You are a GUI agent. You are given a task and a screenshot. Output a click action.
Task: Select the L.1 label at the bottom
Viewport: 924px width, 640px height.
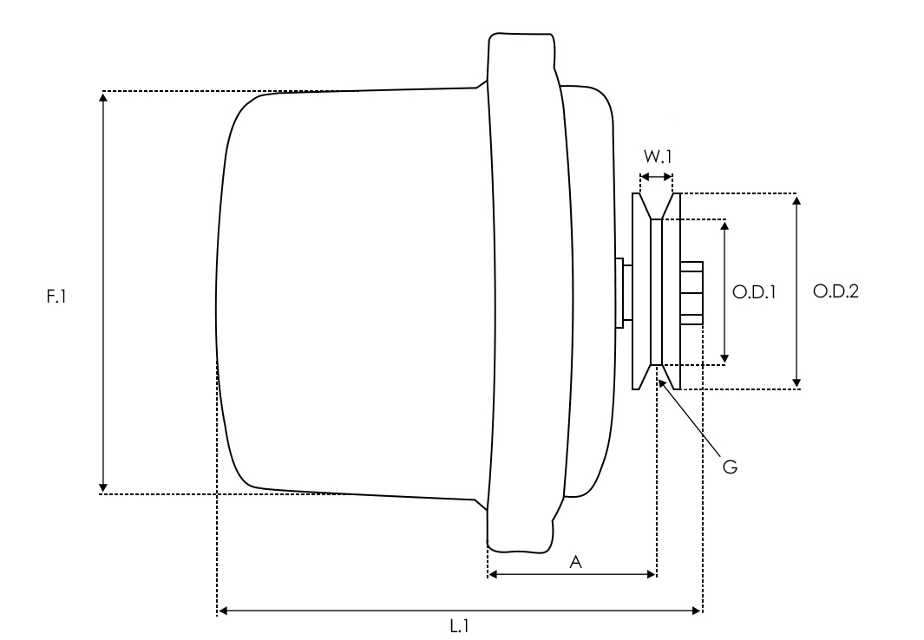pyautogui.click(x=459, y=625)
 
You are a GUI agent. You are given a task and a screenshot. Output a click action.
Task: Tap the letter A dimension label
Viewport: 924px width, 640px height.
pyautogui.click(x=574, y=563)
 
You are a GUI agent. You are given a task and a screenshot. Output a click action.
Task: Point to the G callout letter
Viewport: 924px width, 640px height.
pyautogui.click(x=730, y=467)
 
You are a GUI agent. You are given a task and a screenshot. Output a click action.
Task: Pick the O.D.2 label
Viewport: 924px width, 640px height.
pyautogui.click(x=836, y=292)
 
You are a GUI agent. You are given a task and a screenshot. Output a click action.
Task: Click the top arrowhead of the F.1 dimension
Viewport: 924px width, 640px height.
pyautogui.click(x=103, y=96)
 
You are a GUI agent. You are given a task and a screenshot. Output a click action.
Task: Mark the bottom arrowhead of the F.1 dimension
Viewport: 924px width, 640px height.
pyautogui.click(x=103, y=487)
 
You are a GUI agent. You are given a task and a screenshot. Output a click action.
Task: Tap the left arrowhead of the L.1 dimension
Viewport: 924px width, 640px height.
pyautogui.click(x=222, y=611)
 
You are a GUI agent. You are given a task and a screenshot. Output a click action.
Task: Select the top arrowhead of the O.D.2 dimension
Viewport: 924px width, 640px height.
pyautogui.click(x=797, y=199)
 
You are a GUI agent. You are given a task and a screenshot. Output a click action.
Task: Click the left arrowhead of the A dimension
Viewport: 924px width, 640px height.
pyautogui.click(x=493, y=573)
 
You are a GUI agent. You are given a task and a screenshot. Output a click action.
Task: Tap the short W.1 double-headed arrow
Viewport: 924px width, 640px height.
pyautogui.click(x=656, y=177)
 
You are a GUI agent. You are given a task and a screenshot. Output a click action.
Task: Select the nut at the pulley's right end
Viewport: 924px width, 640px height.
pyautogui.click(x=691, y=292)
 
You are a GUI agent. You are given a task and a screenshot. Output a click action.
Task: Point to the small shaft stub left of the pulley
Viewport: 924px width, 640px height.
pyautogui.click(x=620, y=292)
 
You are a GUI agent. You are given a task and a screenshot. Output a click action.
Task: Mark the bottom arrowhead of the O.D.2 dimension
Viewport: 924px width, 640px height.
pyautogui.click(x=797, y=382)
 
